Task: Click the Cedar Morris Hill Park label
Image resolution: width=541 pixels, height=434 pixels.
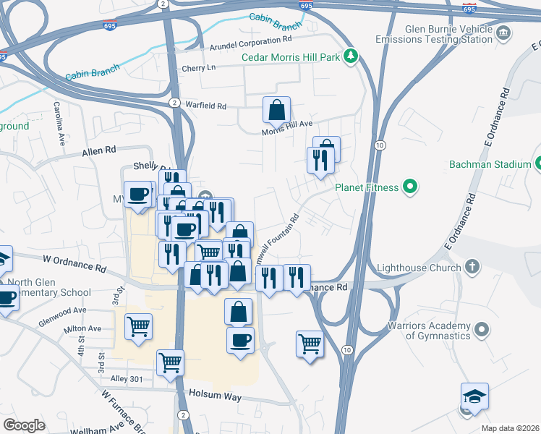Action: pyautogui.click(x=290, y=56)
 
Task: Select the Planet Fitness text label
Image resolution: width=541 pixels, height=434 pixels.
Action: pyautogui.click(x=366, y=188)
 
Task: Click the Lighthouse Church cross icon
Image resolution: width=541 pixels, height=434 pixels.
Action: pyautogui.click(x=472, y=268)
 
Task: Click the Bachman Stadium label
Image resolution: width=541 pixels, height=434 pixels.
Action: pyautogui.click(x=490, y=164)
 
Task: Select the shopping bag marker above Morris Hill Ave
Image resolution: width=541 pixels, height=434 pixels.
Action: pyautogui.click(x=276, y=111)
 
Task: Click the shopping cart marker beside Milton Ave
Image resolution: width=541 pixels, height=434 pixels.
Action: pyautogui.click(x=138, y=325)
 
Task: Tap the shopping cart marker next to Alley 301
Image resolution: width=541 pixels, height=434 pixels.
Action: pyautogui.click(x=170, y=362)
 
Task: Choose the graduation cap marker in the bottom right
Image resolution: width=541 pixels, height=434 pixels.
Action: pyautogui.click(x=474, y=396)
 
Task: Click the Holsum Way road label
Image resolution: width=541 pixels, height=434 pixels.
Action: pyautogui.click(x=215, y=394)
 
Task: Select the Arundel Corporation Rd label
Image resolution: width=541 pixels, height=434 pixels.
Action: pyautogui.click(x=250, y=43)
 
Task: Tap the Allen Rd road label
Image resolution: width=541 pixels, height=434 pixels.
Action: pyautogui.click(x=99, y=151)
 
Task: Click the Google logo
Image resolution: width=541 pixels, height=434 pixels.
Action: pyautogui.click(x=24, y=425)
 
